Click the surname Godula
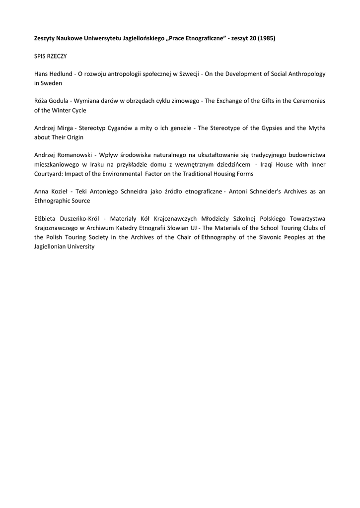(60, 101)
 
